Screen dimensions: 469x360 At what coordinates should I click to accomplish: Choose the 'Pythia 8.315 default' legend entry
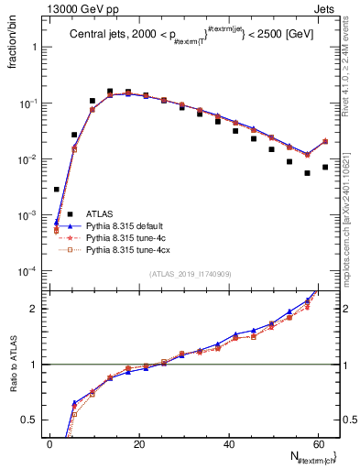pos(129,248)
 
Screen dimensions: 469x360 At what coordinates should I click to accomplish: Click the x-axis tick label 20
pos(138,444)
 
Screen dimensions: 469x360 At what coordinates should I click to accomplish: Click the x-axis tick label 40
pos(227,444)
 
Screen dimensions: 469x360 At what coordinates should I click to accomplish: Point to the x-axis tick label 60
pos(316,444)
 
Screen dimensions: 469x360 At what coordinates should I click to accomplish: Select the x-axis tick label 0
pos(50,444)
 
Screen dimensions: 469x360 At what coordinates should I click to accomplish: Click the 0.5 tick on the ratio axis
pos(32,420)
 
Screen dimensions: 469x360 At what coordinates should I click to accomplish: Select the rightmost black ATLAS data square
pos(324,167)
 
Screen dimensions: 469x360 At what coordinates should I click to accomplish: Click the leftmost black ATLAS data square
pos(57,190)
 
